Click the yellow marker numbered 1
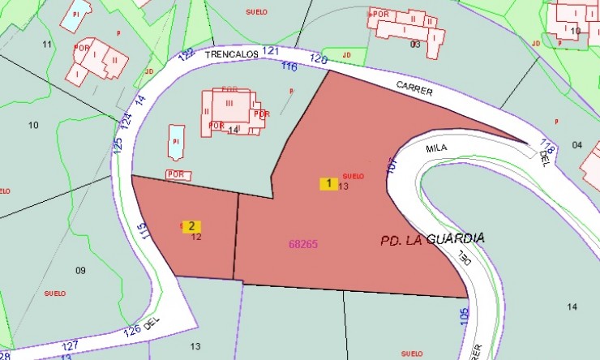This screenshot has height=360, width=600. (x=328, y=183)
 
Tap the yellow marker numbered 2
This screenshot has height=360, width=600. (x=191, y=226)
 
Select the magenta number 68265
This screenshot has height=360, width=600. (x=302, y=244)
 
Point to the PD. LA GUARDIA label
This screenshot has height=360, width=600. (x=433, y=239)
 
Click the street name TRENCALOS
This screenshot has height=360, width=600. (x=231, y=54)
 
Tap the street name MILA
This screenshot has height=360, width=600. (x=436, y=149)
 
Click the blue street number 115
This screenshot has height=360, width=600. (x=144, y=231)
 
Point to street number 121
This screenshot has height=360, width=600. (x=271, y=50)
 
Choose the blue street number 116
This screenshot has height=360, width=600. (x=289, y=66)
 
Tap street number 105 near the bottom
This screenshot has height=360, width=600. (x=464, y=315)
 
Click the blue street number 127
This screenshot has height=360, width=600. (x=70, y=345)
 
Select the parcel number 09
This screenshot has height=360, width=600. (x=79, y=270)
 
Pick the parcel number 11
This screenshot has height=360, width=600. (x=46, y=44)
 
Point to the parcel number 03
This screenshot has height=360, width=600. (x=415, y=44)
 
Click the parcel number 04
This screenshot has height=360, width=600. (x=576, y=145)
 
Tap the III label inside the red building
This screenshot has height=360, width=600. (x=229, y=103)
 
